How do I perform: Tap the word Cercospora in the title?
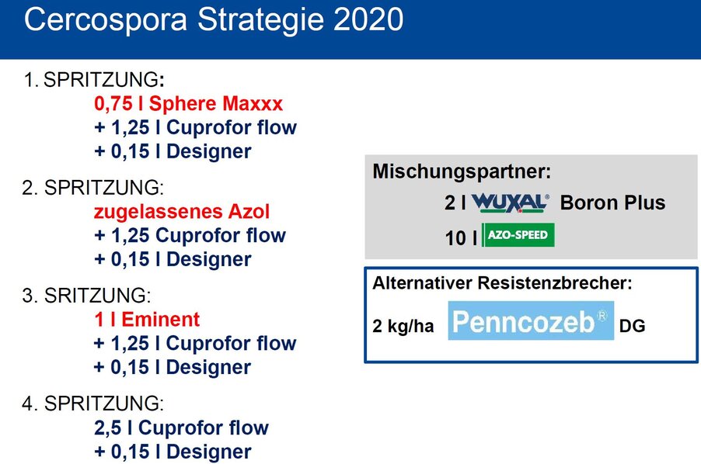pos(106,20)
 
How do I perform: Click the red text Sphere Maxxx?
pos(216,103)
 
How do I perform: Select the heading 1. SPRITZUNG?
pos(94,80)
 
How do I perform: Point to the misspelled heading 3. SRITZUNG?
pos(87,296)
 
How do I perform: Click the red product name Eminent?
pos(161,320)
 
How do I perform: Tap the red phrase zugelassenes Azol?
pos(182,212)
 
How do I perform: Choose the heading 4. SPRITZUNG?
pos(93,403)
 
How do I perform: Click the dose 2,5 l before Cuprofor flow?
pos(113,428)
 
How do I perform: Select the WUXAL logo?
pos(510,203)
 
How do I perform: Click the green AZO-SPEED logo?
pos(518,234)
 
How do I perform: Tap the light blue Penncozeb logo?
pos(531,320)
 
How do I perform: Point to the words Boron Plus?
pos(612,203)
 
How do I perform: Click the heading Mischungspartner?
pos(462,171)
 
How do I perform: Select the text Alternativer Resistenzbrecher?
pos(503,283)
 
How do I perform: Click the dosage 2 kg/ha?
pos(403,326)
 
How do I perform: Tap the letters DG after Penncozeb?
pos(632,326)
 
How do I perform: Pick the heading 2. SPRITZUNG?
pos(93,188)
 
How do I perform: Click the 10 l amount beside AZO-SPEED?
pos(461,238)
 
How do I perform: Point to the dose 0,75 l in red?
pos(119,103)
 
